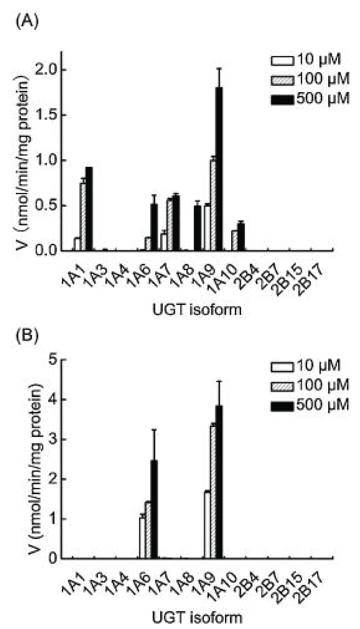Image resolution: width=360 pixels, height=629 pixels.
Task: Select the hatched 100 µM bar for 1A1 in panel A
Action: tap(83, 216)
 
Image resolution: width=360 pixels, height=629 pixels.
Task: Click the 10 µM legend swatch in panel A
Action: tap(282, 59)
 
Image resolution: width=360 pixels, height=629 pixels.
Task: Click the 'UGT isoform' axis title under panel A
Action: tap(197, 309)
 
